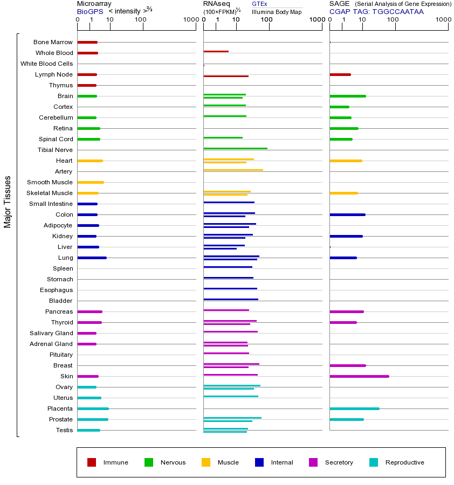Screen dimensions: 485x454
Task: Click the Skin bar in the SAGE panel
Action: click(x=359, y=376)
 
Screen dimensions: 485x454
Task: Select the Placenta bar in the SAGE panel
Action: click(x=354, y=408)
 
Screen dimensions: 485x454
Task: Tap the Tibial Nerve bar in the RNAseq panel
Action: click(x=235, y=148)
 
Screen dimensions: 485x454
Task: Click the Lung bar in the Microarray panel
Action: click(x=92, y=258)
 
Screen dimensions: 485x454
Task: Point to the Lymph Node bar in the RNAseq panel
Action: click(x=226, y=76)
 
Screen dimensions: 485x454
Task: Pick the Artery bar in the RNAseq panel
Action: click(x=233, y=170)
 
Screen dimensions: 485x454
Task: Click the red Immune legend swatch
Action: click(x=92, y=462)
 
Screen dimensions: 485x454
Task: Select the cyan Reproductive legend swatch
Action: click(x=374, y=462)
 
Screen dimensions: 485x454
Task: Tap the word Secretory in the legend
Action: click(x=339, y=462)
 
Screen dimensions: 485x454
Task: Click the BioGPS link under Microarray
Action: click(x=90, y=11)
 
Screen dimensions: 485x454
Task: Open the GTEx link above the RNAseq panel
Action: click(x=259, y=4)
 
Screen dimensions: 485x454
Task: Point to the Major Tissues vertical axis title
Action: click(x=8, y=202)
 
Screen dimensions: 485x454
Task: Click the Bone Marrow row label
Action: click(x=53, y=42)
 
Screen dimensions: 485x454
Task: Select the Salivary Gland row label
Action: click(x=51, y=333)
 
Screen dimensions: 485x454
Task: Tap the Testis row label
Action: click(x=64, y=430)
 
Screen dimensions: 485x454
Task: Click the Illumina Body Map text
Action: click(x=277, y=11)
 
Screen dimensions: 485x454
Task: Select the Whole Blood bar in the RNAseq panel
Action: click(x=216, y=51)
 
